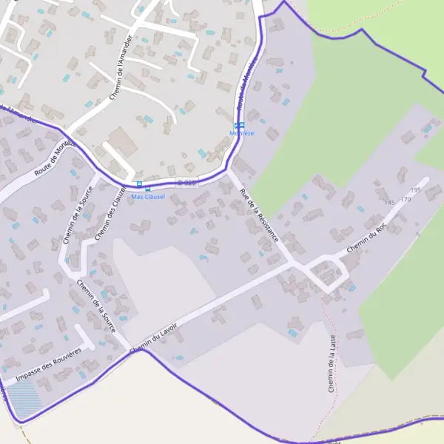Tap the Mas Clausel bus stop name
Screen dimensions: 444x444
(x=148, y=197)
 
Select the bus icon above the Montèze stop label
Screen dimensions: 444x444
(x=238, y=125)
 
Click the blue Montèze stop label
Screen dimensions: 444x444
(x=242, y=133)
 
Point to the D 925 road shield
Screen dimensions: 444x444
(x=186, y=182)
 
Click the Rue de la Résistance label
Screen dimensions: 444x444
(x=259, y=216)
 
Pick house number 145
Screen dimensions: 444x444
(x=389, y=203)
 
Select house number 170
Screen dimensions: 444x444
(x=406, y=200)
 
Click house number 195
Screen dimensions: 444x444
(x=415, y=191)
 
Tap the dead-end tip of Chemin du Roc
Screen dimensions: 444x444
(x=426, y=179)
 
